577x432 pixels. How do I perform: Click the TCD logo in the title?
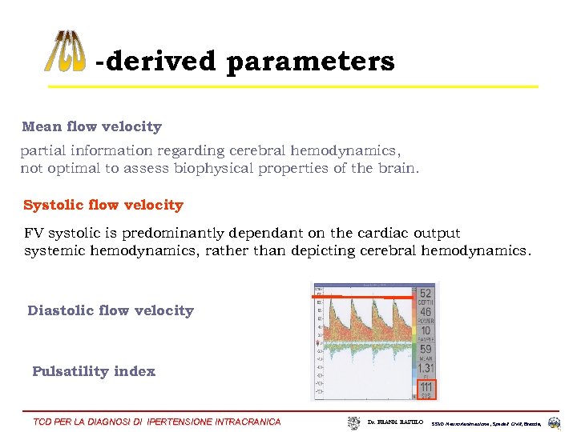click(64, 52)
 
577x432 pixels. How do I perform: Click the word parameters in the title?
click(310, 62)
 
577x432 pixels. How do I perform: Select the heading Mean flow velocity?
click(92, 126)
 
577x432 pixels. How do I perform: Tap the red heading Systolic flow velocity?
click(103, 205)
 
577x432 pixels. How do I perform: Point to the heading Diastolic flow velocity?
click(111, 310)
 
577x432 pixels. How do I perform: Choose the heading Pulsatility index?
click(94, 371)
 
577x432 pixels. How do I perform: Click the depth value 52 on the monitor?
click(426, 294)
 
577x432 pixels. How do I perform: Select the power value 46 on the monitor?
click(426, 313)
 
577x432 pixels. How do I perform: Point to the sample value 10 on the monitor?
click(426, 331)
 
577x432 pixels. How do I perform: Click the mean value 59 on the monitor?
click(426, 350)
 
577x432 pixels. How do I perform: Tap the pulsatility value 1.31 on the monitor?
click(426, 368)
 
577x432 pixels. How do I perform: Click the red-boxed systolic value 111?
click(426, 388)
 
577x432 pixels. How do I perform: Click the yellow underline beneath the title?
click(293, 86)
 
